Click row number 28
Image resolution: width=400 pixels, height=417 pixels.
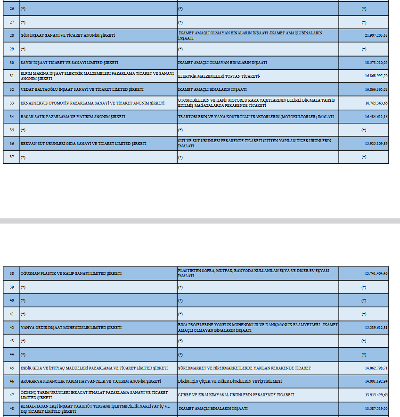11,35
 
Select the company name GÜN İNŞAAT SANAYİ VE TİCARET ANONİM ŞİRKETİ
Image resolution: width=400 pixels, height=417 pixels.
68,35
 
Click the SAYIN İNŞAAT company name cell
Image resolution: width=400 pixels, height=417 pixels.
69,63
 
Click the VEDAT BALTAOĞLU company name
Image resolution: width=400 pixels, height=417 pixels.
82,89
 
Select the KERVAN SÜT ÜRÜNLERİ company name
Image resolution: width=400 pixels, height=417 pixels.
83,144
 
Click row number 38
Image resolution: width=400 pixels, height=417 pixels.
11,273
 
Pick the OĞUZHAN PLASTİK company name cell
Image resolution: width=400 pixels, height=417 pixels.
71,273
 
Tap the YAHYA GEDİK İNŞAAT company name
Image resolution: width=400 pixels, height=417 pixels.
71,328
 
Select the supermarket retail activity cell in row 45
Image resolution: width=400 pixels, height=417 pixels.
244,368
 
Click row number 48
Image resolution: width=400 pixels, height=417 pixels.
11,409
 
